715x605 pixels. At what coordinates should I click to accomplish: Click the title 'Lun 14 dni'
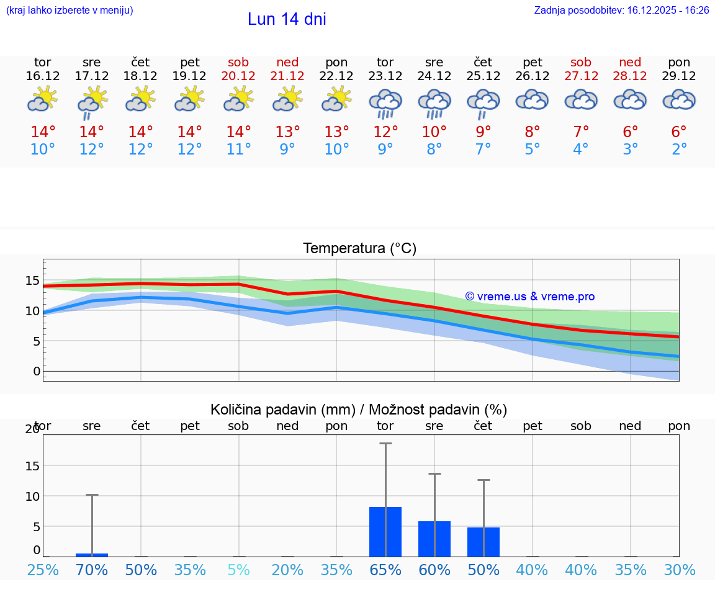[x=287, y=19]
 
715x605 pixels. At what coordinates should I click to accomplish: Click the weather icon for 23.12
[x=385, y=102]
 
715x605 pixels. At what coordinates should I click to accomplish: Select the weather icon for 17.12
[x=92, y=101]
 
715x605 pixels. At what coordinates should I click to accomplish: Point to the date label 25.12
[x=483, y=76]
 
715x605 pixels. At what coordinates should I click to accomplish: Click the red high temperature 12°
[x=385, y=132]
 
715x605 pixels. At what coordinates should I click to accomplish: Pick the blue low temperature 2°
[x=679, y=150]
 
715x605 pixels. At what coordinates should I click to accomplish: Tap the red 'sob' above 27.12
[x=581, y=62]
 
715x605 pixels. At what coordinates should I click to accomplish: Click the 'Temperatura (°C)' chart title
[x=359, y=248]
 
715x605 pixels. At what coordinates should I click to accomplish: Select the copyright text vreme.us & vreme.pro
[x=530, y=297]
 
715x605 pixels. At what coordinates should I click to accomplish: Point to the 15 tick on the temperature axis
[x=32, y=280]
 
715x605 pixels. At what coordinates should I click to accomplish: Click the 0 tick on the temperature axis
[x=37, y=371]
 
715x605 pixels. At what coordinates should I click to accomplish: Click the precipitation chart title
[x=359, y=410]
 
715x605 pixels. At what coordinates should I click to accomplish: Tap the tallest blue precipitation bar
[x=385, y=532]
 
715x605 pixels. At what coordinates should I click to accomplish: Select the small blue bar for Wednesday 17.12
[x=92, y=555]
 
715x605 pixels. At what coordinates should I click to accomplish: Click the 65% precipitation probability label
[x=385, y=570]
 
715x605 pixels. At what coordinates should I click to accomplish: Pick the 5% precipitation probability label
[x=238, y=570]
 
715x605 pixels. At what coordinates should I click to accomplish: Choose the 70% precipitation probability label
[x=92, y=570]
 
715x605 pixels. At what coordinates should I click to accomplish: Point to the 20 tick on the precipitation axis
[x=32, y=429]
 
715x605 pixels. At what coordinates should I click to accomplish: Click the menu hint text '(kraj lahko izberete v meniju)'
[x=70, y=11]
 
